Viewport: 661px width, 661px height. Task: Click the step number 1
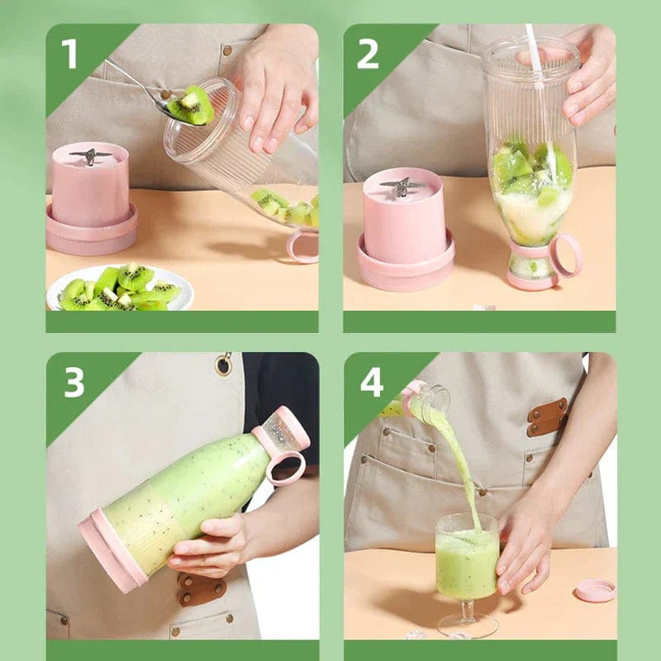click(x=69, y=54)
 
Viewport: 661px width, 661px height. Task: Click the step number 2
click(x=368, y=54)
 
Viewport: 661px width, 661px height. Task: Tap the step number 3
click(x=74, y=383)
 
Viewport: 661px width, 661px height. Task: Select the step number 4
click(x=372, y=383)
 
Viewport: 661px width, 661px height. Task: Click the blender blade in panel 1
click(x=91, y=155)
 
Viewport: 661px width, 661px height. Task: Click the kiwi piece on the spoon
click(x=191, y=106)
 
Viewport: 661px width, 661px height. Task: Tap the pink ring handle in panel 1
click(x=302, y=245)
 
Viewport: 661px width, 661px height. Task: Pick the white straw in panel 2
click(x=535, y=58)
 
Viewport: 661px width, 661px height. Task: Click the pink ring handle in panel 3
click(x=285, y=468)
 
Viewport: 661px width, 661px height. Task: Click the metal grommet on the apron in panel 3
click(x=224, y=364)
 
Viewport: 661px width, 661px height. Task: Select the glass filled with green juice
click(x=467, y=558)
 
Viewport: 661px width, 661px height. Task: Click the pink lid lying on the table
click(x=595, y=590)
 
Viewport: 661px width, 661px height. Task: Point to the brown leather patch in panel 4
click(x=547, y=416)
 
